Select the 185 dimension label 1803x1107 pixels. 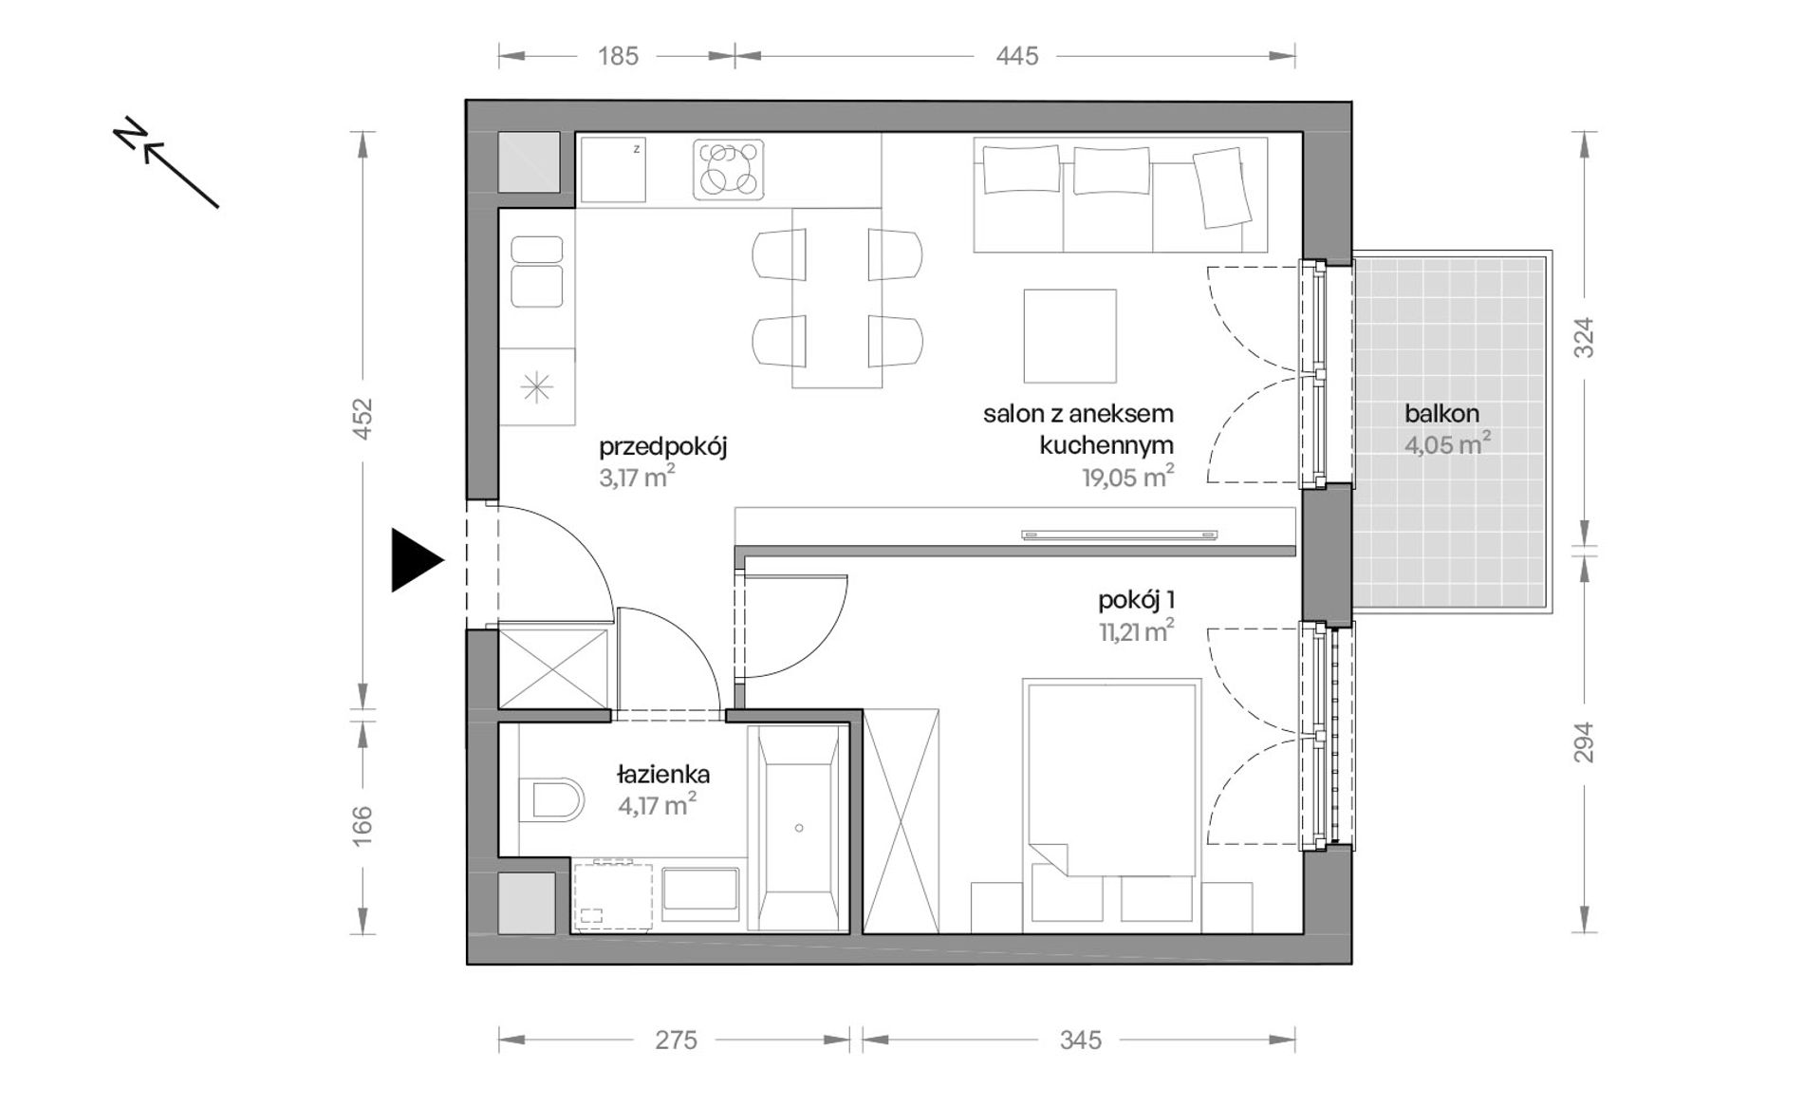point(618,56)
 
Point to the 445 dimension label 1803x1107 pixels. point(1017,56)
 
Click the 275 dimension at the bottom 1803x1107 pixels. point(677,1041)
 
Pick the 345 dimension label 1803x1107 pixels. point(1081,1041)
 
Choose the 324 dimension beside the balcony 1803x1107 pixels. point(1584,337)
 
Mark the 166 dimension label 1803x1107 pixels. point(362,825)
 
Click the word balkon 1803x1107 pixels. point(1441,414)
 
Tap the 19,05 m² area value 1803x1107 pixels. point(1127,476)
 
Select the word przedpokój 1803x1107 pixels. point(662,447)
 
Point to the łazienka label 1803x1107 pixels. point(662,775)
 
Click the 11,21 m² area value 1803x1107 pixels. point(1137,630)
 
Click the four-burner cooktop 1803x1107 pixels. point(728,170)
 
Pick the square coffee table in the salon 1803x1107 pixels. point(1069,335)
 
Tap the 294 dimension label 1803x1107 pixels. point(1584,743)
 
